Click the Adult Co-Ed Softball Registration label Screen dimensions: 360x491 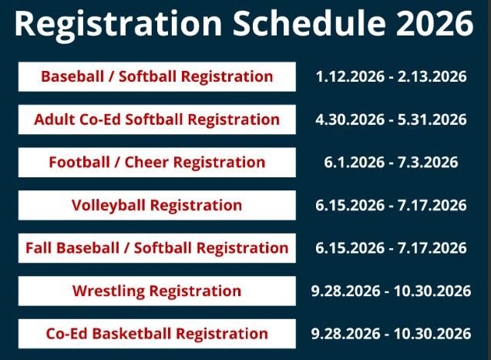156,119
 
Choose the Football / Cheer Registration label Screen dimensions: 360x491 156,163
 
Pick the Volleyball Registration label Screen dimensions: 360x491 156,205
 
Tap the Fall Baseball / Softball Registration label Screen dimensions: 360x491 156,248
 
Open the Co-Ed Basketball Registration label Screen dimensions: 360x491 156,334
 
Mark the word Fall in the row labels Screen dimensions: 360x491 39,248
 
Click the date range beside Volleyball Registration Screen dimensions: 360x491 391,205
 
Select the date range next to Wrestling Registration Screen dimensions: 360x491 391,291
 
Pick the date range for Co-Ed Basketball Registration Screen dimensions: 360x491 391,334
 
